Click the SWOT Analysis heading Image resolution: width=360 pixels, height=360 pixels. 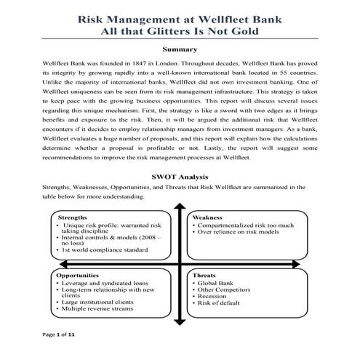[180, 176]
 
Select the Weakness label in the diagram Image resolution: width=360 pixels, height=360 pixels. [207, 217]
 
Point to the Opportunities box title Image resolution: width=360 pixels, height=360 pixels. [81, 276]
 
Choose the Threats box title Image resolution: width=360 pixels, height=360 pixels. [204, 276]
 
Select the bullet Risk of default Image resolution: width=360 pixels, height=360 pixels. [219, 303]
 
